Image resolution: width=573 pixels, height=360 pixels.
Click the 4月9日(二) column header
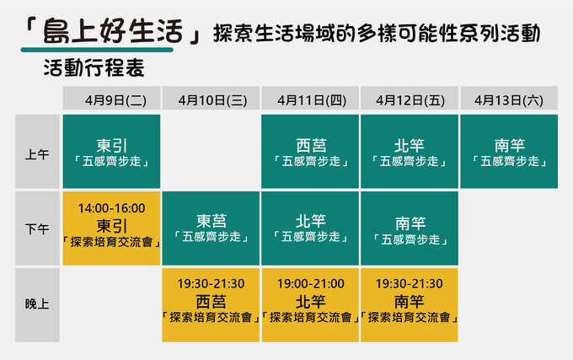tap(111, 98)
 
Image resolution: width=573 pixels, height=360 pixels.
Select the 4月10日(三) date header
tap(211, 98)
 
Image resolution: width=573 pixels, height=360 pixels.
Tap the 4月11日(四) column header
tap(310, 98)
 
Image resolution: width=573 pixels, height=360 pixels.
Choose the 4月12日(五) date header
tap(410, 98)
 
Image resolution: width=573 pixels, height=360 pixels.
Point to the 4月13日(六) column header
tap(509, 98)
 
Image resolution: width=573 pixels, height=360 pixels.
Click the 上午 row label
tap(37, 152)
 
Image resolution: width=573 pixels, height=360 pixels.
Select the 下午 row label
tap(37, 228)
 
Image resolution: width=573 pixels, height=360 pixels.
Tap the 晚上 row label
tap(37, 305)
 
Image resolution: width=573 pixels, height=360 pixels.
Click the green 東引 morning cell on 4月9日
tap(111, 152)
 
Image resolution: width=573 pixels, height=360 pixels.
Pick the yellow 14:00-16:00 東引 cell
tap(111, 228)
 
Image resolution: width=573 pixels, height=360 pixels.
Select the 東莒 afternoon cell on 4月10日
tap(211, 228)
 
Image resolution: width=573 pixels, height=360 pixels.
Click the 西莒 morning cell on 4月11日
tap(310, 152)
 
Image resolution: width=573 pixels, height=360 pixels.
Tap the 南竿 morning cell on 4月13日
tap(509, 152)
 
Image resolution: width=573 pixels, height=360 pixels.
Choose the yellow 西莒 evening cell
tap(211, 305)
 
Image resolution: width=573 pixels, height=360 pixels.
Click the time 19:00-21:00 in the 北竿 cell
tap(311, 283)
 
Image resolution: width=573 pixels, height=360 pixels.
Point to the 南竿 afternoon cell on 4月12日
tap(410, 228)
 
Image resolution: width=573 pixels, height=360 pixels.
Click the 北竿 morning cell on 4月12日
tap(410, 152)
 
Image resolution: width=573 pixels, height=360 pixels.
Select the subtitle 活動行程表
tap(94, 68)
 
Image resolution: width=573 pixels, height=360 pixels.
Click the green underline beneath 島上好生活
tap(97, 50)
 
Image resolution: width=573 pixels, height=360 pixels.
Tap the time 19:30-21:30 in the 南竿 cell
tap(410, 283)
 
